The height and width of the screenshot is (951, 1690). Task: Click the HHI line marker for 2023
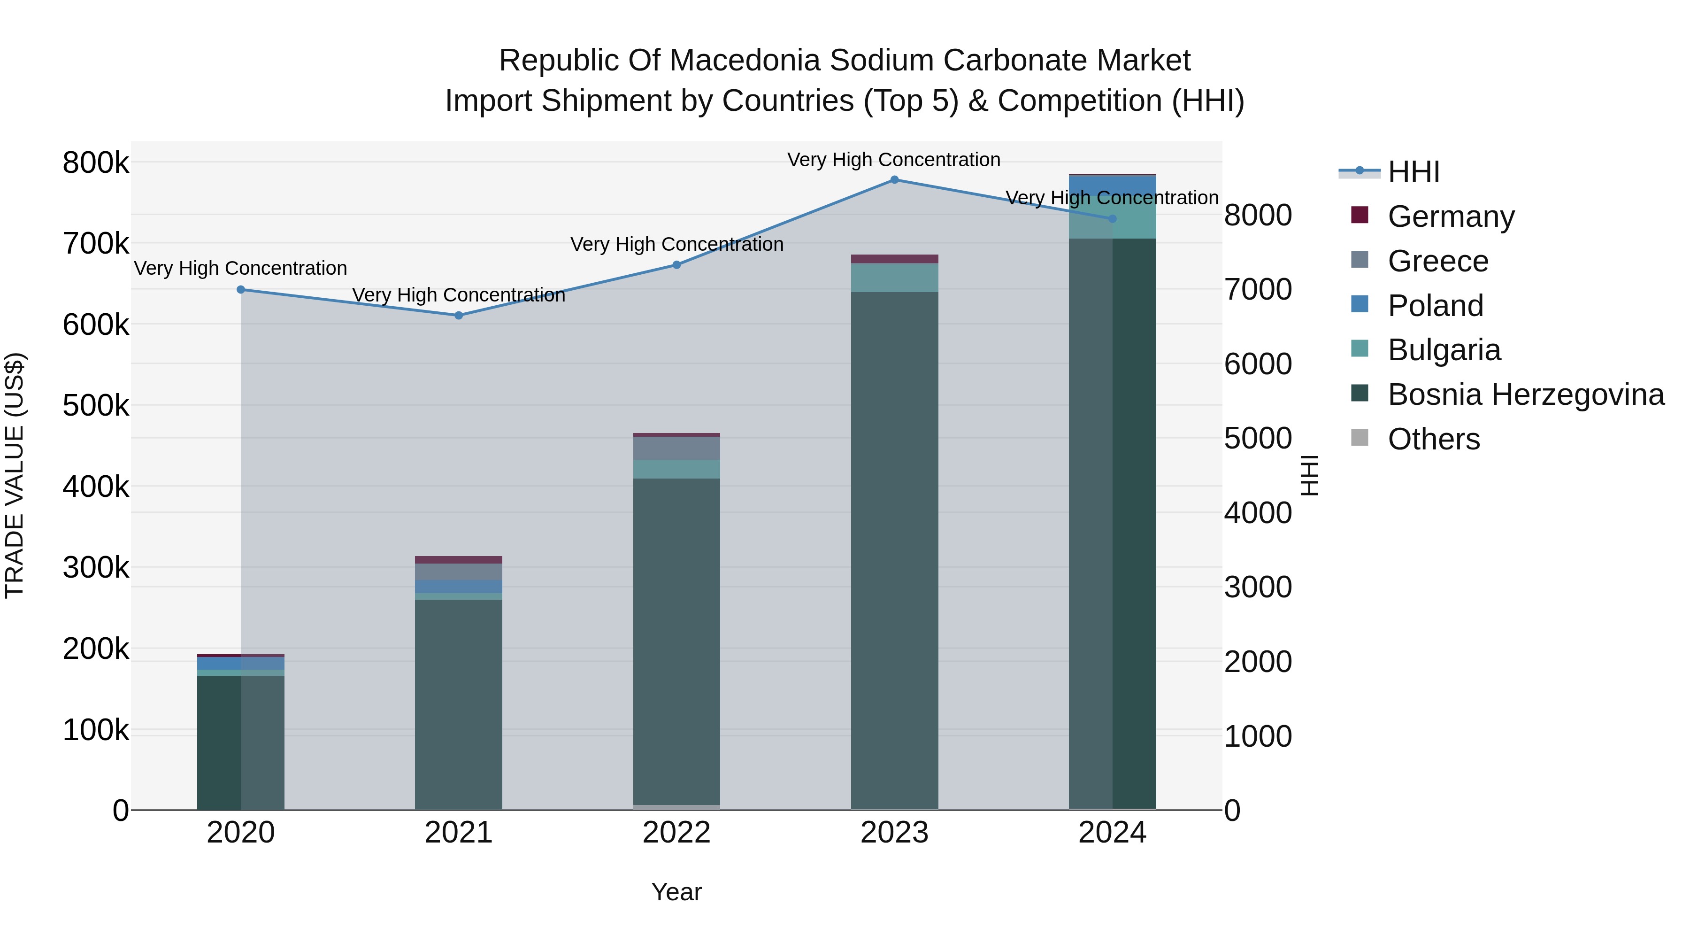[x=894, y=180]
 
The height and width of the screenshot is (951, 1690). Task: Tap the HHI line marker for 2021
[x=459, y=316]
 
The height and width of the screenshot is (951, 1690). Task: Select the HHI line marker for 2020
[x=241, y=289]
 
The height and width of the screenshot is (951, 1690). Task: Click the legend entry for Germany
[x=1451, y=216]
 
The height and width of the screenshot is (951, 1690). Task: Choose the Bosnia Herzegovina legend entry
[x=1525, y=395]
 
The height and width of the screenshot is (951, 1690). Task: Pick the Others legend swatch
[x=1360, y=438]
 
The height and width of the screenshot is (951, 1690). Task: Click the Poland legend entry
[x=1435, y=306]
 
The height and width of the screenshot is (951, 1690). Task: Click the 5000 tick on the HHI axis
[x=1258, y=439]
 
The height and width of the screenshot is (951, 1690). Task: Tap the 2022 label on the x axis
[x=676, y=833]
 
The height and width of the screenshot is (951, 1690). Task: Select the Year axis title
[x=676, y=892]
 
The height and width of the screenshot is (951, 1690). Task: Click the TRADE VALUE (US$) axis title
[x=15, y=475]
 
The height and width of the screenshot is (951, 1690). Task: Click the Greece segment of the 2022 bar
[x=676, y=448]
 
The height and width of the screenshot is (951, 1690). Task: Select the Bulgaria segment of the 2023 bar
[x=894, y=278]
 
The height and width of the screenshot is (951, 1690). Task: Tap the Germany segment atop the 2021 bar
[x=459, y=560]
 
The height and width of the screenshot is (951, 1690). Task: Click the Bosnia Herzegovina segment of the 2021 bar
[x=459, y=702]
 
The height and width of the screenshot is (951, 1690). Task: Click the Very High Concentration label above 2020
[x=241, y=269]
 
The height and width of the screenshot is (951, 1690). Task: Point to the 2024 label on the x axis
[x=1112, y=833]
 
